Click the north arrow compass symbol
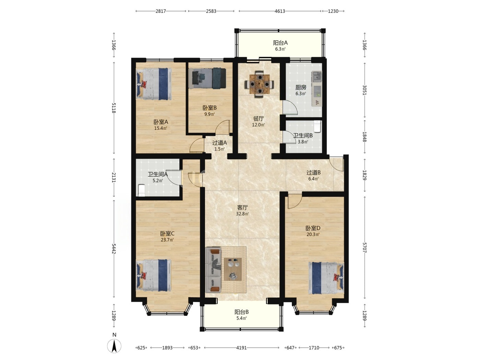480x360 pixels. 114,346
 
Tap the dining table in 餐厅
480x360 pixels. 260,84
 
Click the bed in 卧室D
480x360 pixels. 326,278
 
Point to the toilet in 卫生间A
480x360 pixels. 142,190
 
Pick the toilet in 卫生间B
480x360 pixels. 317,126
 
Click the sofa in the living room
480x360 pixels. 214,270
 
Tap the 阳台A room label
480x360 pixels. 280,43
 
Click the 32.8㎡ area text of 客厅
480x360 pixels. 242,214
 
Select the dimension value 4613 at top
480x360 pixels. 280,11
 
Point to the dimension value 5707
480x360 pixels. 364,248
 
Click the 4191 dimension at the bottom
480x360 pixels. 241,348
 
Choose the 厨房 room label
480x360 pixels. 301,87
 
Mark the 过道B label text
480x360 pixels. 313,172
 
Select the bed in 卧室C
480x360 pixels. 154,275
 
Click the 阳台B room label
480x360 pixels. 241,312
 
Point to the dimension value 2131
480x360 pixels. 113,177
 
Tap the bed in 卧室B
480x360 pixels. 207,78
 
